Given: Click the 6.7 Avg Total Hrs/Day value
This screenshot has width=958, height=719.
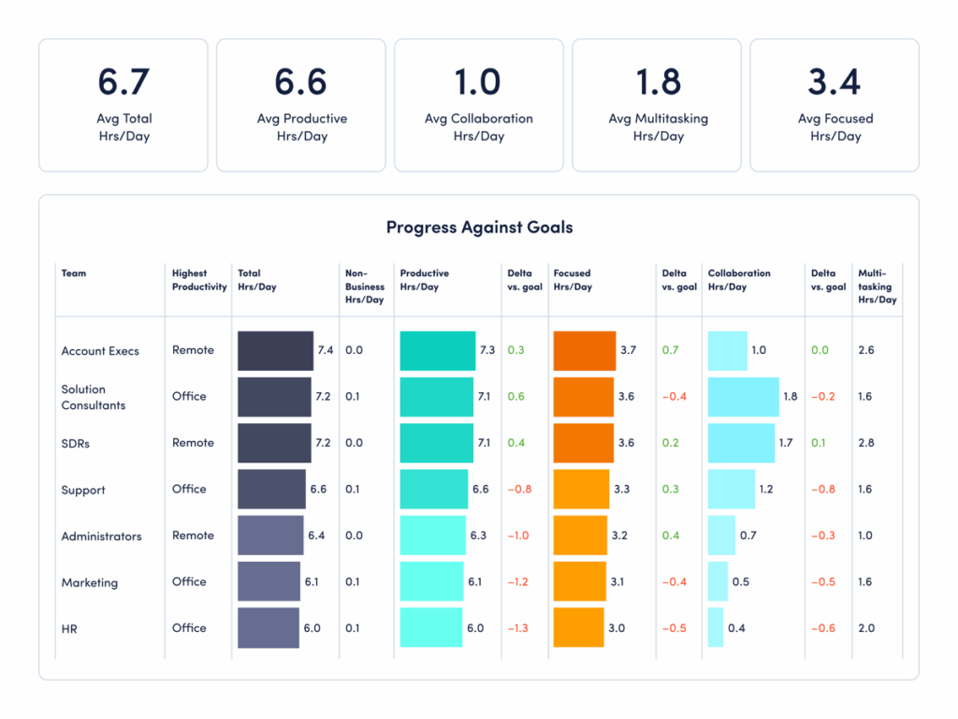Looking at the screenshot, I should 123,81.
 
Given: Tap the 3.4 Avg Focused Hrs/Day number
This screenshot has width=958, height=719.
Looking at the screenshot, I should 835,81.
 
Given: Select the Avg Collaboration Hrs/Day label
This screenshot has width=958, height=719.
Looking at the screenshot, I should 478,127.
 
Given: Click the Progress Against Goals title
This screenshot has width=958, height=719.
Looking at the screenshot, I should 479,227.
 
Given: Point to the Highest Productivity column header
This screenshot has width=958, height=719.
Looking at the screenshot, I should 199,280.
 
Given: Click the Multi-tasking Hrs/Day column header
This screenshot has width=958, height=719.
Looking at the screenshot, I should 877,286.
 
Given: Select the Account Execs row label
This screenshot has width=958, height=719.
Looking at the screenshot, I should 100,351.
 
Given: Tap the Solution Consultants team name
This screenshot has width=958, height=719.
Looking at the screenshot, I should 94,397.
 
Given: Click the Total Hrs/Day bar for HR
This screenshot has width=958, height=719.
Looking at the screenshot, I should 268,628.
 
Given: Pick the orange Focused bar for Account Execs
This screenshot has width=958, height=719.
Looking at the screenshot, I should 585,350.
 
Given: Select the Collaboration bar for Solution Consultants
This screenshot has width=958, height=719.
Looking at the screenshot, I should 744,397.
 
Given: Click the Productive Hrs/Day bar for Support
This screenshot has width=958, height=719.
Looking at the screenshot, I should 434,489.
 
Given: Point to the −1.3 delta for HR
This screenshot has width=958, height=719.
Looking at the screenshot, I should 518,628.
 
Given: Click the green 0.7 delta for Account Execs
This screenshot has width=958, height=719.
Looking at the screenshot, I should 670,350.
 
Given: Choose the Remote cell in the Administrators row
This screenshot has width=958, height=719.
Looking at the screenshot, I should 193,536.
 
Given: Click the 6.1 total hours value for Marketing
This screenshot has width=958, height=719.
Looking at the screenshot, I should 312,582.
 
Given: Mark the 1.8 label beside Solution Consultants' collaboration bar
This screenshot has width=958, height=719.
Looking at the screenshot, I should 790,397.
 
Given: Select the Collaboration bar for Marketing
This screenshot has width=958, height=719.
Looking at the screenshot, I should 718,581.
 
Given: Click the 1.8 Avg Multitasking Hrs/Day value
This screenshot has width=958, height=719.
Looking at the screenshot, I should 657,81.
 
